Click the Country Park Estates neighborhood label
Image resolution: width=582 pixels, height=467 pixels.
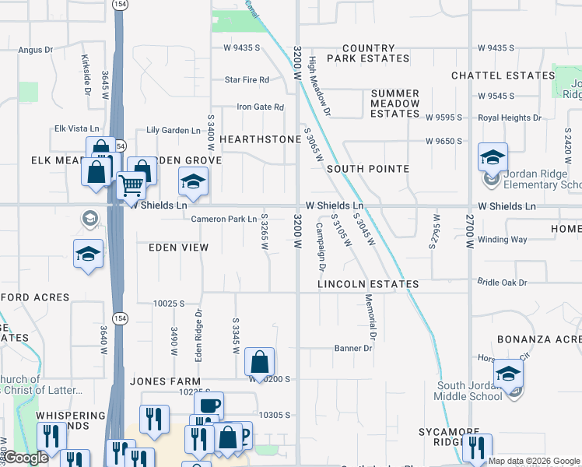[368, 53]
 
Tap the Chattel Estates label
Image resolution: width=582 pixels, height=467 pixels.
[503, 75]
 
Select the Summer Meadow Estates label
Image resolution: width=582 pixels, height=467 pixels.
[394, 104]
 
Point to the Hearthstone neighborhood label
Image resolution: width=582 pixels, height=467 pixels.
[260, 139]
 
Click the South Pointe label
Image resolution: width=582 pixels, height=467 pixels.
[368, 169]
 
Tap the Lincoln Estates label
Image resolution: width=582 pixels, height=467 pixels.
[368, 285]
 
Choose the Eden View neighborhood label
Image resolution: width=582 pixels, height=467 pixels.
[179, 248]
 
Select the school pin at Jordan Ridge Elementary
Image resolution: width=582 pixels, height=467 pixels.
[493, 158]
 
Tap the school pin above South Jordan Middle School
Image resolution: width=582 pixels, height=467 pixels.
[508, 374]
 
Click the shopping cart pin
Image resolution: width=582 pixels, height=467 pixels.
[131, 185]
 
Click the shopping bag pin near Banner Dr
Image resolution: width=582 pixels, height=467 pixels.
[260, 362]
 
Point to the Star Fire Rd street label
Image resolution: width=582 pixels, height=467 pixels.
[247, 79]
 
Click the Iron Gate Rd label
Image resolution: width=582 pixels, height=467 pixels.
[260, 107]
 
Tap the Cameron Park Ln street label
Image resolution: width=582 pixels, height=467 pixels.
[224, 219]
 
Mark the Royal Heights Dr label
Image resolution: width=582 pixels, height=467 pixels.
[509, 118]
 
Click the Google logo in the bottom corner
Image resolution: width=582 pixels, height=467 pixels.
[26, 458]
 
